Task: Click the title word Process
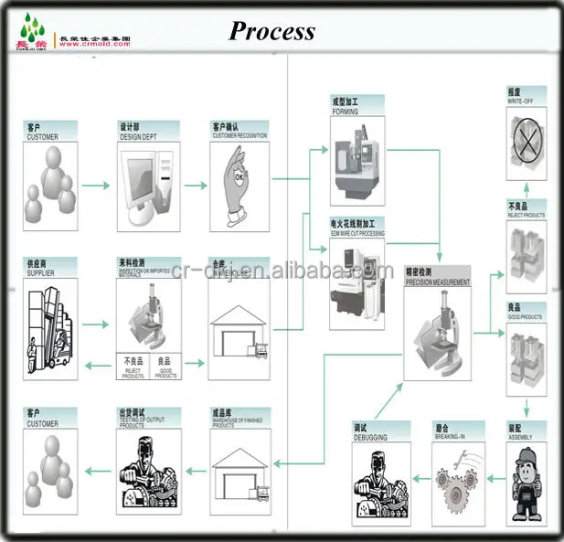(271, 31)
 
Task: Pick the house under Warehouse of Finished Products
(239, 469)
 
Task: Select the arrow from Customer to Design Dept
(94, 186)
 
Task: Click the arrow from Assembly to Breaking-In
(495, 479)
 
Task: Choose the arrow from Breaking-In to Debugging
(419, 479)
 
